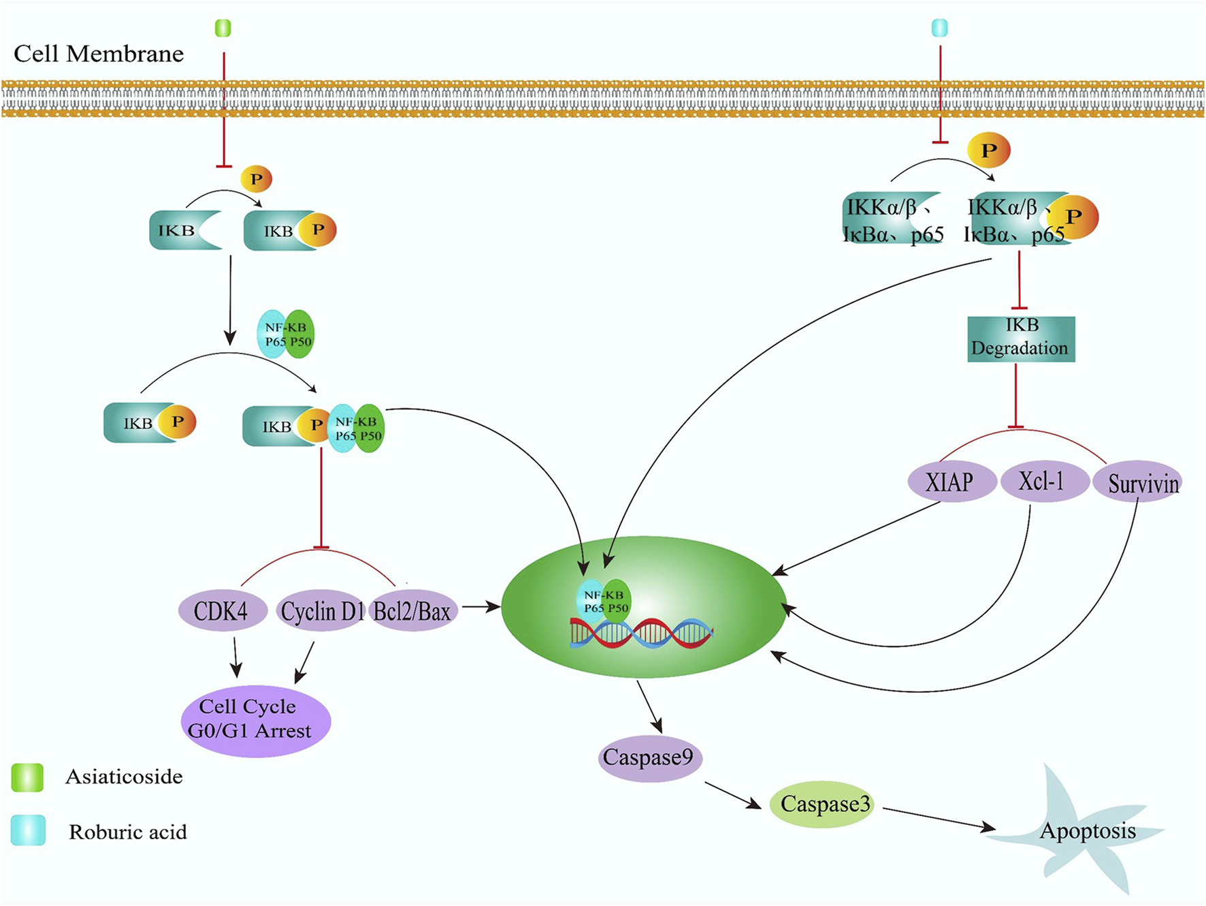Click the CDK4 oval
coord(222,610)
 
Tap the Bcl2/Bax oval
coord(412,610)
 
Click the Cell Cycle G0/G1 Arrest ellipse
coord(255,720)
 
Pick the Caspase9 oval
coord(649,757)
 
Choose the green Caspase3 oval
coord(823,804)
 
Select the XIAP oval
coord(951,482)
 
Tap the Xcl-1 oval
coord(1043,481)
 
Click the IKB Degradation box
coord(1021,339)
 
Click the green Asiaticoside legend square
coord(27,777)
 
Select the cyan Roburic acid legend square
coord(28,830)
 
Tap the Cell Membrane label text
coord(99,54)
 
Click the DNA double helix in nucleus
coord(640,634)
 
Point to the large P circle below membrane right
coord(988,151)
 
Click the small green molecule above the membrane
coord(223,28)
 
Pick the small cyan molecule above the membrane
coord(939,28)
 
